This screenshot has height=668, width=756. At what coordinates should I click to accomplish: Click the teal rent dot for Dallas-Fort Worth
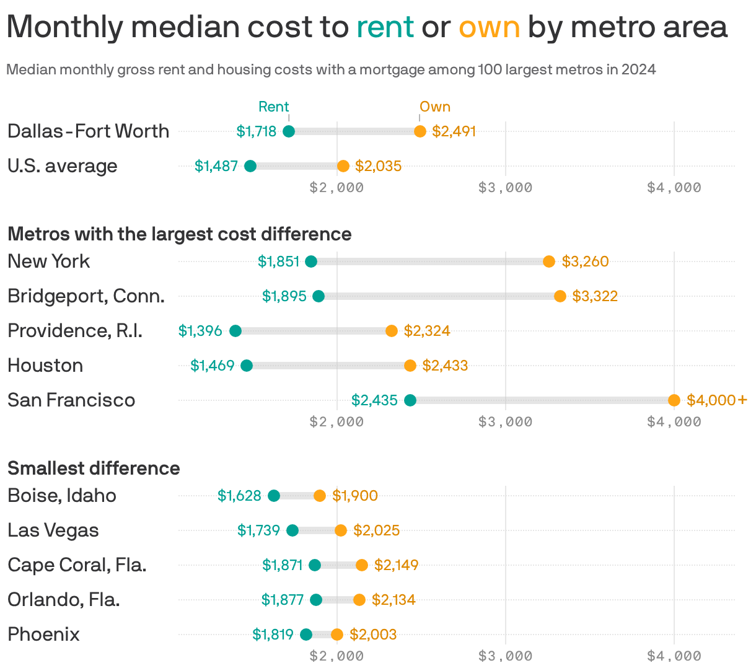coord(289,131)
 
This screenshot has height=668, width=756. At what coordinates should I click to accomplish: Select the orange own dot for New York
coord(549,261)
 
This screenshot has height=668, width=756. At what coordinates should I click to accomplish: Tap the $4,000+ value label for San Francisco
coord(717,400)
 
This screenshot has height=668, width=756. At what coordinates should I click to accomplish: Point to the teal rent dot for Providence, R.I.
coord(235,331)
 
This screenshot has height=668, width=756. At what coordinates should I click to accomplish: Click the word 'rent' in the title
coord(385,27)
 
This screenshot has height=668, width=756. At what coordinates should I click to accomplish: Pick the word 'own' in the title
coord(489,27)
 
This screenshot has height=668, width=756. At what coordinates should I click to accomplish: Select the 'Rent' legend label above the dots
coord(274,107)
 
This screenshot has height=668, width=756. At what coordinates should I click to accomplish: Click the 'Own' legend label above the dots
coord(435,107)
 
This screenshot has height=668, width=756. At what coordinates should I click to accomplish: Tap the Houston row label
coord(45,366)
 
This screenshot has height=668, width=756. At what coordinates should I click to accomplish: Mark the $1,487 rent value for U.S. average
coord(216,166)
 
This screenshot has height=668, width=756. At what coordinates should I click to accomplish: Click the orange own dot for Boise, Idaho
coord(320,496)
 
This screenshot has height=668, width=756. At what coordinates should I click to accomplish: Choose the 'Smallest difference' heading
coord(94,468)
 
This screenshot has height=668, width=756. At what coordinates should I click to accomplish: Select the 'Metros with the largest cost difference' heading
coord(180,234)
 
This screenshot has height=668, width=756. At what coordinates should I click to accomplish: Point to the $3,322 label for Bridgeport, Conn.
coord(595,296)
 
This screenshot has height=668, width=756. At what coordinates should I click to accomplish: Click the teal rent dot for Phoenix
coord(306,635)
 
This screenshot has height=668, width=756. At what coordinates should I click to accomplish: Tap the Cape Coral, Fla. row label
coord(77,565)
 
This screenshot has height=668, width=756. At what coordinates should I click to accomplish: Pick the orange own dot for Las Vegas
coord(341,530)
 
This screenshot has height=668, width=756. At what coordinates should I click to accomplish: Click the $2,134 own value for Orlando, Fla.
coord(393,600)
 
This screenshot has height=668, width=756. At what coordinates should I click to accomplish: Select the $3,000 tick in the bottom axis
coord(505,656)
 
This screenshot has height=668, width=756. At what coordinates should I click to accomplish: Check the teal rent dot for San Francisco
coord(410,400)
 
